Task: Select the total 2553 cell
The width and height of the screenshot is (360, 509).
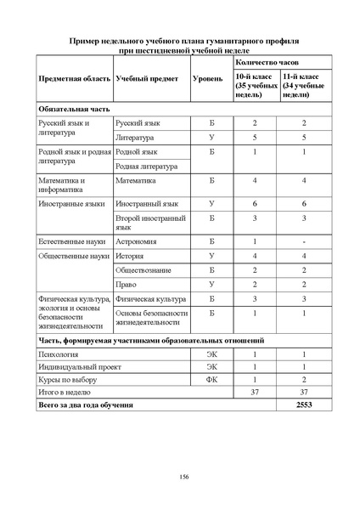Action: (x=304, y=406)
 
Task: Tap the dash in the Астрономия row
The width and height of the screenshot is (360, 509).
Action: (x=304, y=242)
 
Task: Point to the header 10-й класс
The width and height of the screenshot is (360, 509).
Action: (x=256, y=85)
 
